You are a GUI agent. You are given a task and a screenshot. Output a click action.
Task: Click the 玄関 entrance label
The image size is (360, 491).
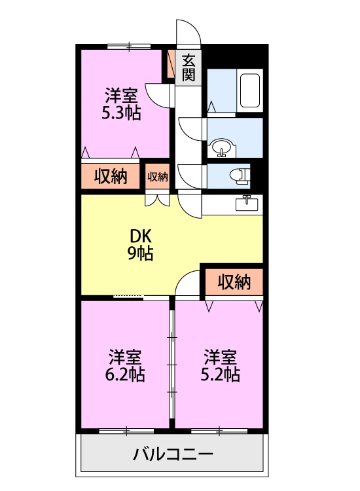click(189, 67)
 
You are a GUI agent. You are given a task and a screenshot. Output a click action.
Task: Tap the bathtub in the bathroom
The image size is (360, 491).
click(250, 90)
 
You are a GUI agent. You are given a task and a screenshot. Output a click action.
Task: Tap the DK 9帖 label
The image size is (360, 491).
click(141, 245)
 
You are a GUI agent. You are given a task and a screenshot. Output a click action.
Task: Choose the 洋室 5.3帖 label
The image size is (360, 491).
click(122, 104)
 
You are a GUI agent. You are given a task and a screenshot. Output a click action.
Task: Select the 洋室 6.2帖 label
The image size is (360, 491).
click(125, 366)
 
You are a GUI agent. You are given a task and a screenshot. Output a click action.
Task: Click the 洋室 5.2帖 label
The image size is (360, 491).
click(220, 366)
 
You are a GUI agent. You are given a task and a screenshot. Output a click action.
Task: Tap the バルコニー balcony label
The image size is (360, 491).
click(173, 454)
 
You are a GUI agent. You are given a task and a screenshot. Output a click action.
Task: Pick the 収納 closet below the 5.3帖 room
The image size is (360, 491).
click(111, 177)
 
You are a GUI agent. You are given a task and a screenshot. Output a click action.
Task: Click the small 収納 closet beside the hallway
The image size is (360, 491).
click(158, 177)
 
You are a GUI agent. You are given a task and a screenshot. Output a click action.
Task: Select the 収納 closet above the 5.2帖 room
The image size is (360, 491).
click(234, 282)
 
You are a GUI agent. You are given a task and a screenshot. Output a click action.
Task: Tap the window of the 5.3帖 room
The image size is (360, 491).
click(129, 46)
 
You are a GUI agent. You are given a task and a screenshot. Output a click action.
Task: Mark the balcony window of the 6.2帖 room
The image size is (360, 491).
click(126, 431)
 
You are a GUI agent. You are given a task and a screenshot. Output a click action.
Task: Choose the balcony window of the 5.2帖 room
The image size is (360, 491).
click(219, 431)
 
